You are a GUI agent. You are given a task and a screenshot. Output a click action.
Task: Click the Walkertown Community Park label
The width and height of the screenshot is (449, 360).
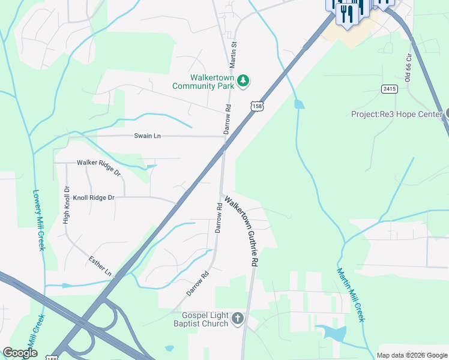[x=203, y=82]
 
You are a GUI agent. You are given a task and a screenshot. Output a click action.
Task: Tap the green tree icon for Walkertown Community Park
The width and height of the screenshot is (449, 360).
[x=243, y=80]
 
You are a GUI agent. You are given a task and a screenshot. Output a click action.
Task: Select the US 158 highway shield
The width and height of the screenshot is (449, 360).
[x=257, y=106]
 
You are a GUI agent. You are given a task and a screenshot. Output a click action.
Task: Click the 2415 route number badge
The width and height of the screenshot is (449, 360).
[x=389, y=89]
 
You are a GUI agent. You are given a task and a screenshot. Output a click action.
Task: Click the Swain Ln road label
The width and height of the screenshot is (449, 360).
[x=147, y=136]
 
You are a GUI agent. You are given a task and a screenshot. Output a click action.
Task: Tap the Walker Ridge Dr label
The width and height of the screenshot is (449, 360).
[x=98, y=163]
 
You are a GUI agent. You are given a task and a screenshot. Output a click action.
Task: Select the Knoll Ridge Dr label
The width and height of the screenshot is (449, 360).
[x=94, y=197]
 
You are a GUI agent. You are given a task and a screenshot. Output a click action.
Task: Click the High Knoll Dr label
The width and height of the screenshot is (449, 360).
[x=66, y=205]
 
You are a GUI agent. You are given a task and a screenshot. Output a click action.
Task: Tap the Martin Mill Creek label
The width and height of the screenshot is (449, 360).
[x=351, y=295]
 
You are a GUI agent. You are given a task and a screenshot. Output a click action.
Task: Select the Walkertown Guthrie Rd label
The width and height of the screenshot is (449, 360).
[x=241, y=230]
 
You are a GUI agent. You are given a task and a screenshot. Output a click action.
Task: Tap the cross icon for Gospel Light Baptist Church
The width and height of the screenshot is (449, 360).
[x=238, y=318]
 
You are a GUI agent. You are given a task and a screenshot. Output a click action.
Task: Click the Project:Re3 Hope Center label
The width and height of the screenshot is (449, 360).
[x=396, y=114]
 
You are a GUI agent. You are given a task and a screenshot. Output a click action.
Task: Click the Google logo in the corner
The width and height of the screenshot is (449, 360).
[x=20, y=353]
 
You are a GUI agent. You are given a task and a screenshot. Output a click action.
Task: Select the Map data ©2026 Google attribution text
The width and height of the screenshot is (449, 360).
[x=412, y=355]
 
